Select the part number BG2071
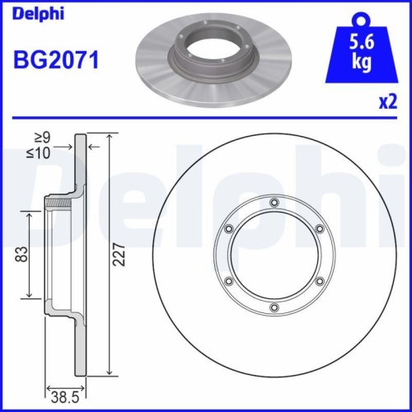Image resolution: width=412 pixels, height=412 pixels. point(57,61)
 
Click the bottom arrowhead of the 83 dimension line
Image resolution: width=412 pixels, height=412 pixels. point(31,296)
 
